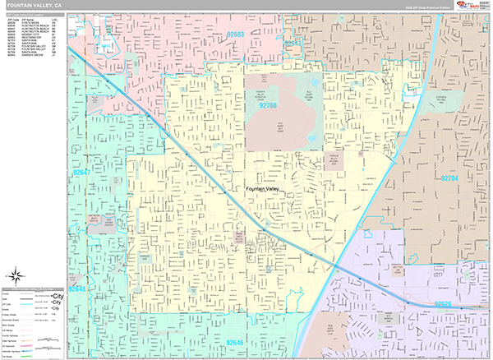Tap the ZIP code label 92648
coord(76,289)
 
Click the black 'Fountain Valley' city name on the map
coord(268,190)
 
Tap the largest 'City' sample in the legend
coord(58,295)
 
